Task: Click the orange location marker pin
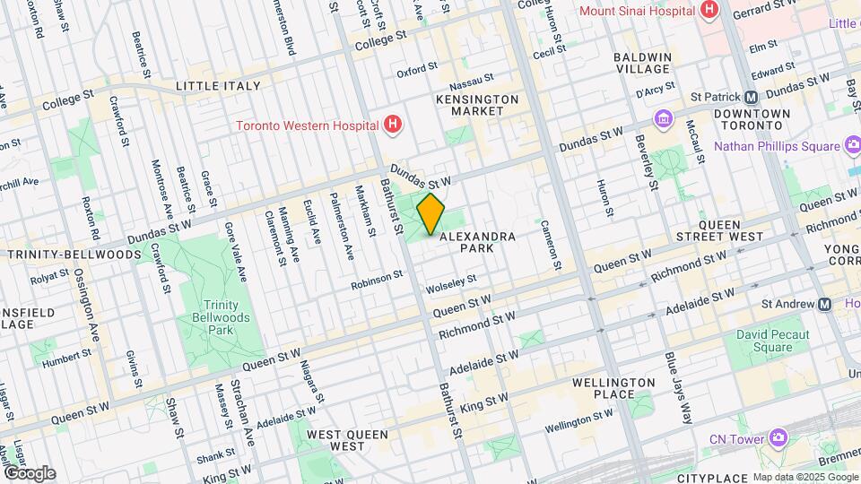431,213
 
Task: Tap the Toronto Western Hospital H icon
391,125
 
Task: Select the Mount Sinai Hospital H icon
710,11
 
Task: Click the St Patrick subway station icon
752,97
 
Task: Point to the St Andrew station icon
824,304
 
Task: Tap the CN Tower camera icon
777,438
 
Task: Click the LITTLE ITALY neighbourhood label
218,86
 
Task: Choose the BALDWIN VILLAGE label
642,63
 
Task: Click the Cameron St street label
551,244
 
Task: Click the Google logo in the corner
29,472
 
